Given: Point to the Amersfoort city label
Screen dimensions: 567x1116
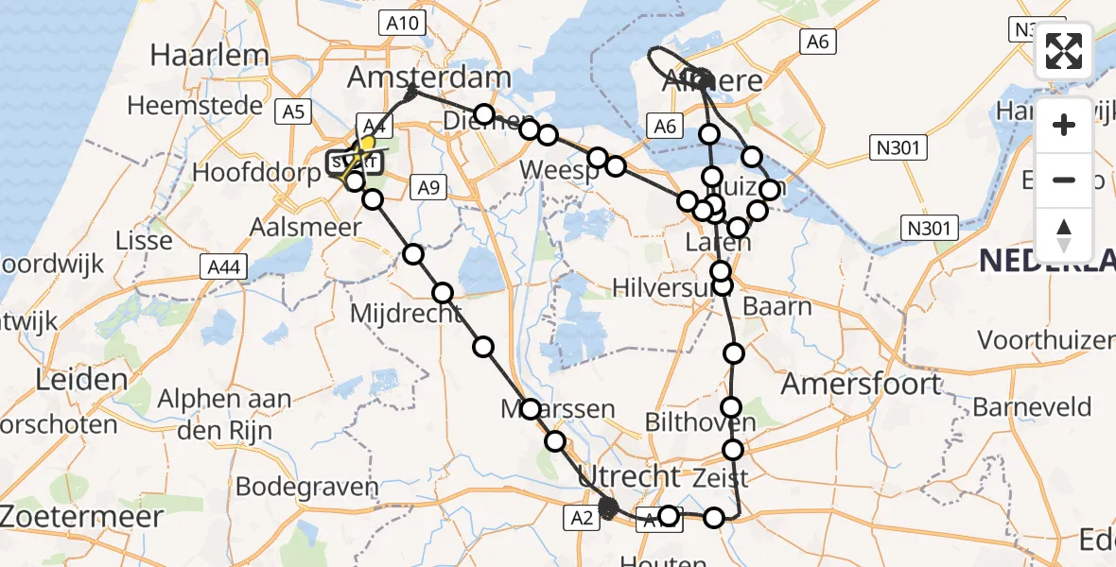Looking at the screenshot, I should click(x=862, y=384).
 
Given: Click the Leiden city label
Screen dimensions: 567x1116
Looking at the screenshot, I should click(x=81, y=381).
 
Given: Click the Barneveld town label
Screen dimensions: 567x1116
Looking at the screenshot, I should click(x=1032, y=407).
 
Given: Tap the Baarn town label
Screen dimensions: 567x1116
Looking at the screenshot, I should click(x=777, y=306).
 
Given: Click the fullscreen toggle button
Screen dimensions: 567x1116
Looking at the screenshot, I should click(x=1064, y=51).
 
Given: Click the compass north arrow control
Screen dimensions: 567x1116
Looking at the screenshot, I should click(x=1064, y=233).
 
